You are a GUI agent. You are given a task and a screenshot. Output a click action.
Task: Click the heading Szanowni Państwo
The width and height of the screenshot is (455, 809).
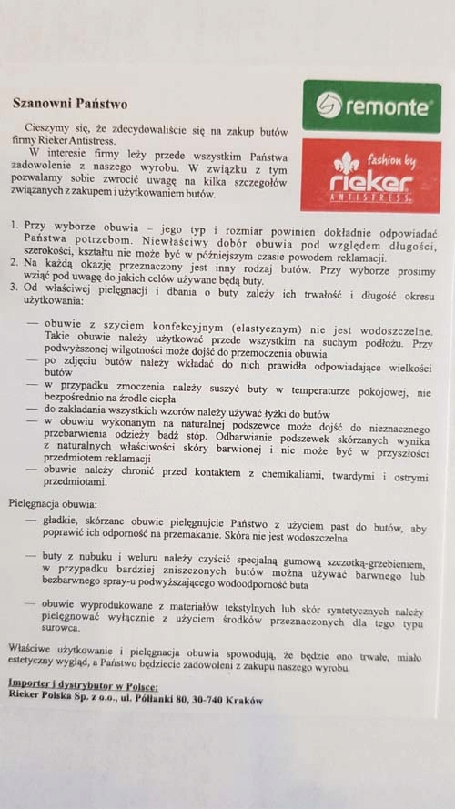68,104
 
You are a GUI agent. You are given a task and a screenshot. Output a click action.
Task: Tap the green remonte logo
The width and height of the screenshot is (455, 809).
370,106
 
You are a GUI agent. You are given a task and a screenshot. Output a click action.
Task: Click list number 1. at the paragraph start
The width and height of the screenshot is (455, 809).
15,224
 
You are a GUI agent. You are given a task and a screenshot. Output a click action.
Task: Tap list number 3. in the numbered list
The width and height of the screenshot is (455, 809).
15,288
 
